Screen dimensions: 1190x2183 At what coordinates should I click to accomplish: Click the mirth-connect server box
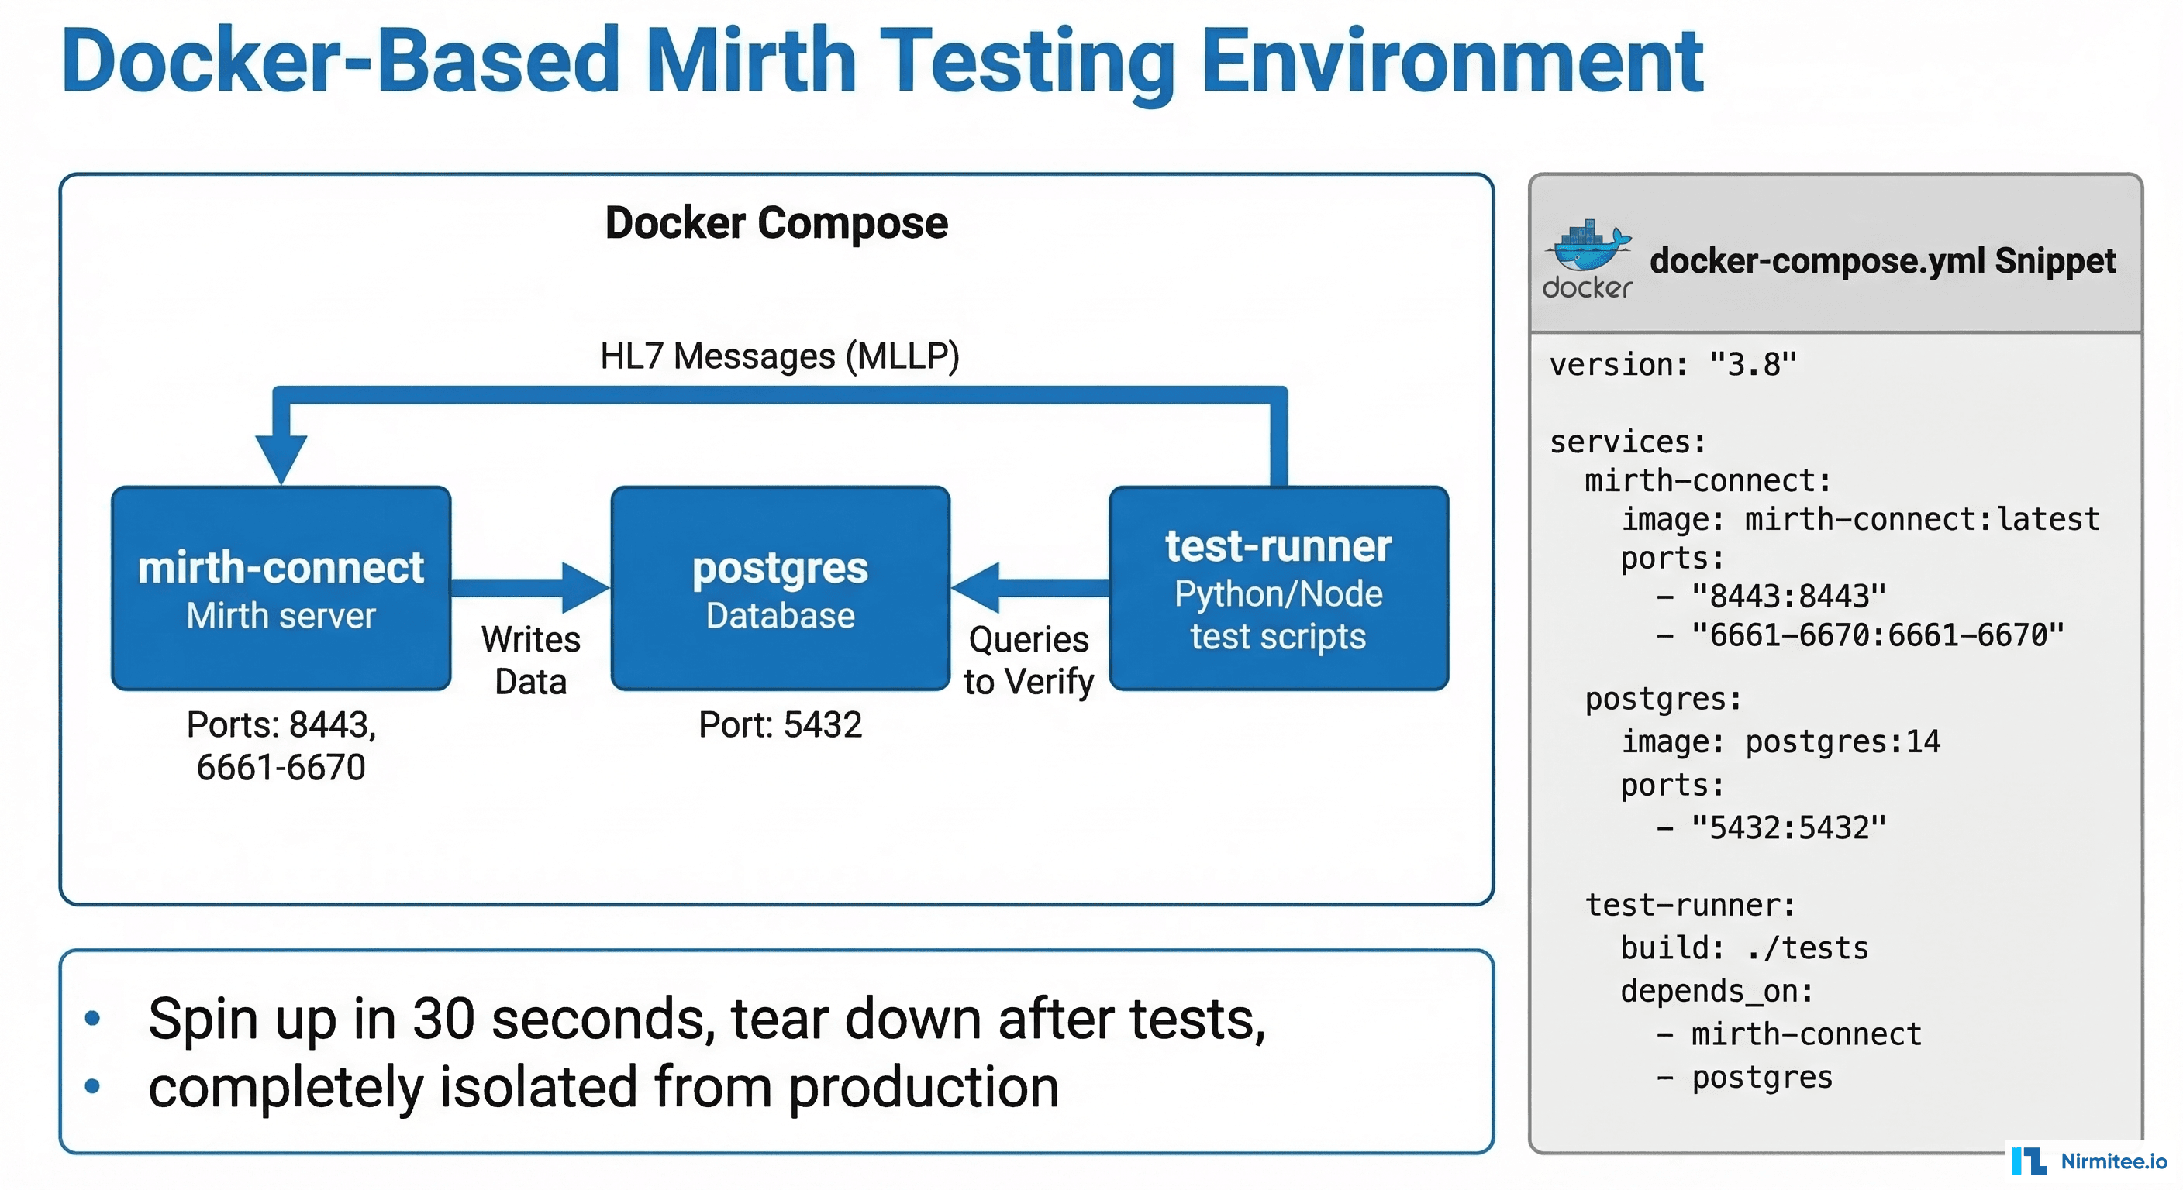click(x=281, y=588)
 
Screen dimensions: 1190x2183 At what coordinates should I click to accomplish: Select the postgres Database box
click(x=780, y=588)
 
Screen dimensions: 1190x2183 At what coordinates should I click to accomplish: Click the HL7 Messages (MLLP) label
click(x=779, y=356)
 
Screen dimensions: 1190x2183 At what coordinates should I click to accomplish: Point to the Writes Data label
click(x=530, y=661)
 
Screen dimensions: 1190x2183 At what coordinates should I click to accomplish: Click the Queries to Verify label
click(x=1028, y=661)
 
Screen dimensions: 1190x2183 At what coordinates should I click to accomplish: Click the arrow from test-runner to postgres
click(x=1029, y=587)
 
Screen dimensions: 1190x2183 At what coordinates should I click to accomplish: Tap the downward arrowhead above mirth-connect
click(x=281, y=457)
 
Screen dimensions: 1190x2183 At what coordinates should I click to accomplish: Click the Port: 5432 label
click(x=780, y=725)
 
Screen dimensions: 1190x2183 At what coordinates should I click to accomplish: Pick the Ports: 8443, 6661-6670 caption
click(x=281, y=745)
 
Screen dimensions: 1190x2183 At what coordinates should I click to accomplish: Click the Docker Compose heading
click(x=776, y=223)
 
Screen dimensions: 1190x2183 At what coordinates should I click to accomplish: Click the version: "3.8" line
click(x=1673, y=365)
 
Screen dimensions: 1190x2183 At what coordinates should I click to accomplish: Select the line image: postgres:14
click(x=1780, y=742)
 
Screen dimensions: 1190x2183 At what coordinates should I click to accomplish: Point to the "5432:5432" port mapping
click(x=1788, y=827)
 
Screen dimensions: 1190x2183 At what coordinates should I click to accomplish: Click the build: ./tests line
click(x=1744, y=948)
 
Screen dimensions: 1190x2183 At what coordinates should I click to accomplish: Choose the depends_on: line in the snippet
click(x=1717, y=991)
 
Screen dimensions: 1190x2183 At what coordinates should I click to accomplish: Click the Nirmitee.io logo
click(x=2090, y=1161)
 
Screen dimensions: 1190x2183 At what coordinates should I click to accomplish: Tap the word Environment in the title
click(x=1452, y=61)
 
